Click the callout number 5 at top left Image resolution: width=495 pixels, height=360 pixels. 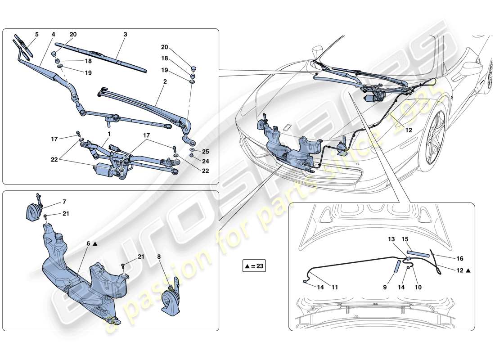click(x=37, y=34)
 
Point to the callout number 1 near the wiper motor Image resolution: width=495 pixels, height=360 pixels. click(x=108, y=134)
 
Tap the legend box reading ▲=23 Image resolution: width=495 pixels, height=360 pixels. click(x=254, y=266)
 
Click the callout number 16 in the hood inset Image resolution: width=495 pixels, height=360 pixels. click(x=459, y=258)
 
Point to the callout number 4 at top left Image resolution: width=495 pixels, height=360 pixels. click(x=53, y=34)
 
